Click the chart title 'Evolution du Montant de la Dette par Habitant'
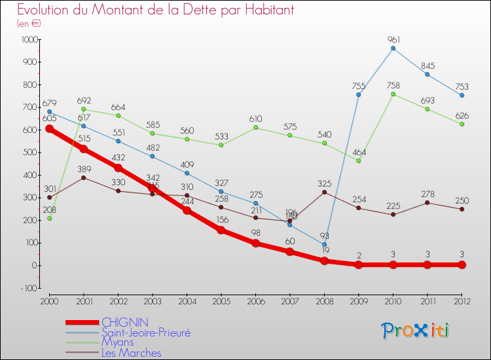point(155,10)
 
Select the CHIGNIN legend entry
point(125,322)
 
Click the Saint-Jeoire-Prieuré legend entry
point(145,333)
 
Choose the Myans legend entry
point(118,342)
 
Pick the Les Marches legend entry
point(131,353)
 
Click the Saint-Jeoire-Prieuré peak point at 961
point(393,48)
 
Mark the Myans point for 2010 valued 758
point(393,94)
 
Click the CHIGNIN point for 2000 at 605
point(49,129)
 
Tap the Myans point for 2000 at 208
point(49,218)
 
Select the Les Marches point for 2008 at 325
point(324,192)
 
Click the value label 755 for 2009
point(359,85)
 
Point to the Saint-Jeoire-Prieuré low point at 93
point(324,244)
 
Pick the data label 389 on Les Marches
point(83,168)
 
